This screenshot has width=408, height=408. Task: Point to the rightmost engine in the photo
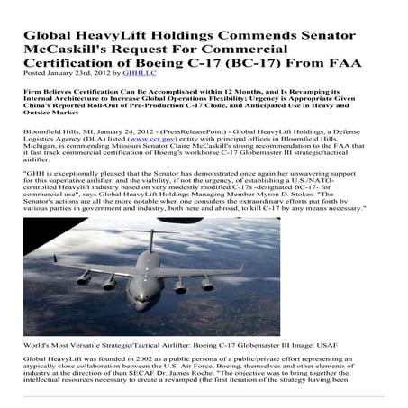point(207,284)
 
